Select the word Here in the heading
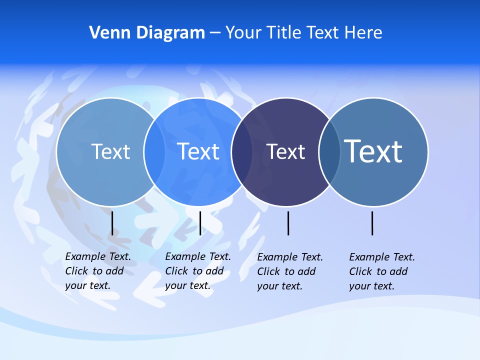[363, 32]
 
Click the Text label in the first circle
[111, 151]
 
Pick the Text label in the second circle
[198, 151]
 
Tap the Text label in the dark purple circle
[285, 151]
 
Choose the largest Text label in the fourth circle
[373, 151]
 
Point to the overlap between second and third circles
[241, 152]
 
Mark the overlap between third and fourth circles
[329, 152]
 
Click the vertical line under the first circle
[112, 223]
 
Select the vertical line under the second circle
[200, 223]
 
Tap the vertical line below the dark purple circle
[288, 223]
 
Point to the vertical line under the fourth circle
[372, 223]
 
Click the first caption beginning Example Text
[98, 271]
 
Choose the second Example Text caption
[198, 271]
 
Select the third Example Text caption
[290, 271]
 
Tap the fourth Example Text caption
[382, 271]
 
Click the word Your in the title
[243, 32]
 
